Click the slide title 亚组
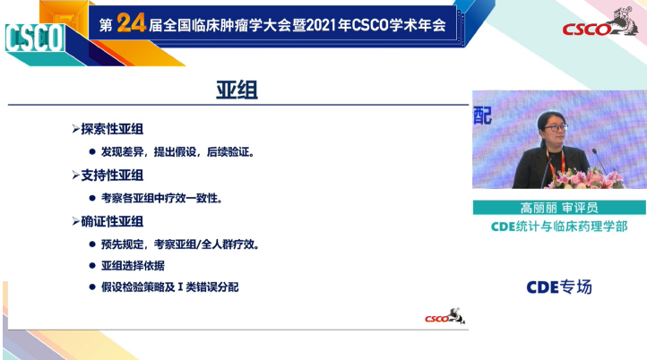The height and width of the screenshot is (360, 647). tap(237, 90)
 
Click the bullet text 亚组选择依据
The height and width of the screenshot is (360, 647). tap(131, 266)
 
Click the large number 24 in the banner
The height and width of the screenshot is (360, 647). tap(131, 25)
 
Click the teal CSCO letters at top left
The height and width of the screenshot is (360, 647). tap(34, 39)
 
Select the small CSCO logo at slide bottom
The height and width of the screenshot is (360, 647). tap(444, 317)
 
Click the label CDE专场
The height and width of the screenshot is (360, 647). tap(558, 287)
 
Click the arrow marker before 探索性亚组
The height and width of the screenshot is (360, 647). tap(75, 129)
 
